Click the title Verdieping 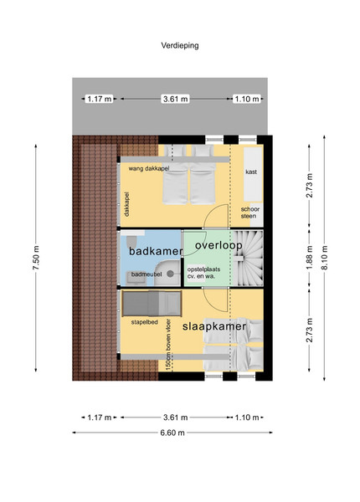tap(180, 45)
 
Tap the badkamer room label tap(156, 251)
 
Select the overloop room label tap(219, 245)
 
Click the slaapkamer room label tap(214, 326)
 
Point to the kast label tap(251, 172)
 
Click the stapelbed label tap(145, 322)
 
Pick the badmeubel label tap(147, 274)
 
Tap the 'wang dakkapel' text tap(149, 168)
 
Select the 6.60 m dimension tap(172, 433)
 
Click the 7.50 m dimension tap(35, 258)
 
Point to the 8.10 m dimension tap(325, 258)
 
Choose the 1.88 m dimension tap(309, 258)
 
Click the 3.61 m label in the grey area tap(176, 99)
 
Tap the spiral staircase tap(248, 258)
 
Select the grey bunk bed tap(152, 303)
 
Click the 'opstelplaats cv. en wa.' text tap(203, 273)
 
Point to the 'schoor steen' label tap(249, 213)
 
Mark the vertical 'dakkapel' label tap(126, 204)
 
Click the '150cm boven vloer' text tap(169, 345)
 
